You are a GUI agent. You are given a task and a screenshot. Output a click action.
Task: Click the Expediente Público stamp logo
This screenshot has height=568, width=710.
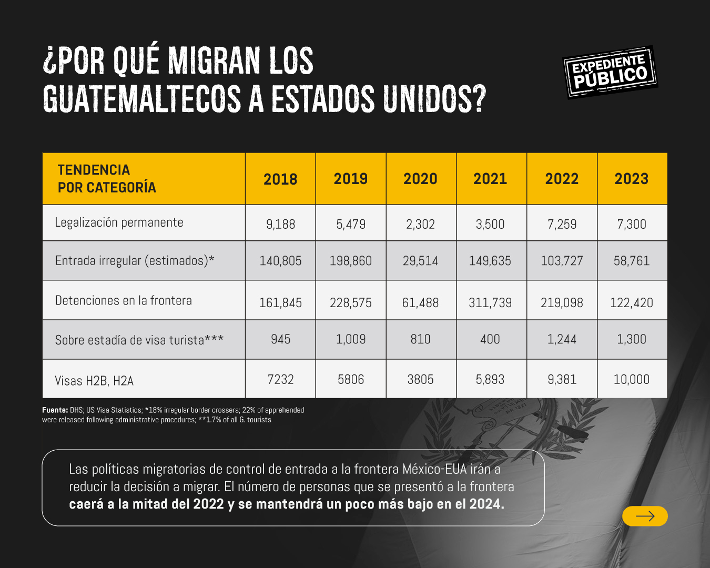[x=610, y=73]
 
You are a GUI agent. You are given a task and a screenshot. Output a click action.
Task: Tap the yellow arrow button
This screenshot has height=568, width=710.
[x=645, y=516]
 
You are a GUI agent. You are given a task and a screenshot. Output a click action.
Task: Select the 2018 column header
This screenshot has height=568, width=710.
[x=280, y=179]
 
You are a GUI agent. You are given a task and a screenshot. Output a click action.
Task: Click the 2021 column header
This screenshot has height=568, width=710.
[x=490, y=179]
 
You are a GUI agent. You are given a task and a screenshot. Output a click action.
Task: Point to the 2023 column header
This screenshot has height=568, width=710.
[x=632, y=179]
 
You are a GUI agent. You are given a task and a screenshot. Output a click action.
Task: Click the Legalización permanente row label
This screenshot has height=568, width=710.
[x=119, y=222]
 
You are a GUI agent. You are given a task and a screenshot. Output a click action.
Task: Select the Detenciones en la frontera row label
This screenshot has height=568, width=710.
[x=124, y=300]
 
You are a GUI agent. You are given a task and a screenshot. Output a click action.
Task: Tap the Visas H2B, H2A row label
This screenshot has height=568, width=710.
[x=94, y=380]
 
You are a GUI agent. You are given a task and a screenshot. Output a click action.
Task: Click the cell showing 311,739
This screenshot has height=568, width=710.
[x=490, y=302]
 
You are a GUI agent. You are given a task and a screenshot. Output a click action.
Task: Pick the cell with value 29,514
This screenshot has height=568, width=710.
[x=420, y=261]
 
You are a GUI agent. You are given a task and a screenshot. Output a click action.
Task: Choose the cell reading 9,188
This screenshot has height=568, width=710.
[x=280, y=224]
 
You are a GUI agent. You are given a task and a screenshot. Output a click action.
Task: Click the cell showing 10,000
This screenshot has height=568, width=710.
[x=632, y=379]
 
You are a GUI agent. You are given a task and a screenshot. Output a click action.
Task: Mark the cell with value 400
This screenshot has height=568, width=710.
[x=490, y=339]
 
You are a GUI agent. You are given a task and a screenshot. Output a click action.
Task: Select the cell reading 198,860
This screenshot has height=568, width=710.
[x=351, y=261]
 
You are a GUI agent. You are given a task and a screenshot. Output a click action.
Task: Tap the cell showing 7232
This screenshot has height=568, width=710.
[x=280, y=379]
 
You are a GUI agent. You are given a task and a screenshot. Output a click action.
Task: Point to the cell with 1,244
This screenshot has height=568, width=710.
[x=562, y=339]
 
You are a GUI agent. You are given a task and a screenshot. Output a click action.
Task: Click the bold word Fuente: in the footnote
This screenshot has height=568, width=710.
[x=55, y=410]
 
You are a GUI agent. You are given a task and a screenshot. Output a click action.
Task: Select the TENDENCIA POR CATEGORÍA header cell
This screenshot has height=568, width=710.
[x=107, y=179]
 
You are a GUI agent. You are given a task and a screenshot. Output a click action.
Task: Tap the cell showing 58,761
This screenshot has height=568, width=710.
[x=632, y=261]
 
